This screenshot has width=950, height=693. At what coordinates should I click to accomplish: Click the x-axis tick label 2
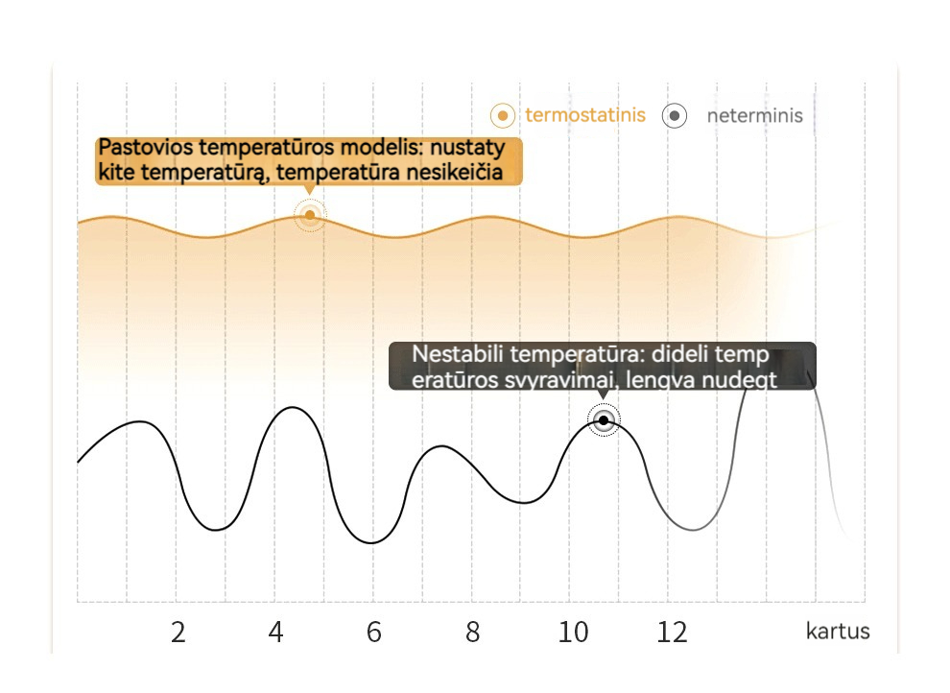click(178, 633)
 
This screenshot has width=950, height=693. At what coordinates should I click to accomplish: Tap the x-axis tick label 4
click(276, 633)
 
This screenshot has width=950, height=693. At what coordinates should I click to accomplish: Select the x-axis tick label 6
click(374, 633)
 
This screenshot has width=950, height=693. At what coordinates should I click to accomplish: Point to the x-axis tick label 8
click(472, 633)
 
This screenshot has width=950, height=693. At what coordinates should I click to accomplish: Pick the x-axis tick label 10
click(573, 633)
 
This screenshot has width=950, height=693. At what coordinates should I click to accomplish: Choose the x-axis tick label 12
click(672, 633)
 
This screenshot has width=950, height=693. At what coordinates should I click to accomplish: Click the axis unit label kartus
click(838, 632)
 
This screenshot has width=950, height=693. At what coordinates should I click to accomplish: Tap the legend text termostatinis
click(585, 116)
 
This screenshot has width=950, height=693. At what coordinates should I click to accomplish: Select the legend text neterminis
click(754, 117)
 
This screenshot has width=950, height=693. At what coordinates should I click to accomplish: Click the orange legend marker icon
click(503, 116)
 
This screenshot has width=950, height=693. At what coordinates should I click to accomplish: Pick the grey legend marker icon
click(675, 116)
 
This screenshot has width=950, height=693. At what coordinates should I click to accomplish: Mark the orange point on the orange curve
click(310, 215)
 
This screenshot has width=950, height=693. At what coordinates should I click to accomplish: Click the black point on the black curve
click(604, 420)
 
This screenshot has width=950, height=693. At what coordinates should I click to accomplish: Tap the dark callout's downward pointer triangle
click(602, 394)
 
